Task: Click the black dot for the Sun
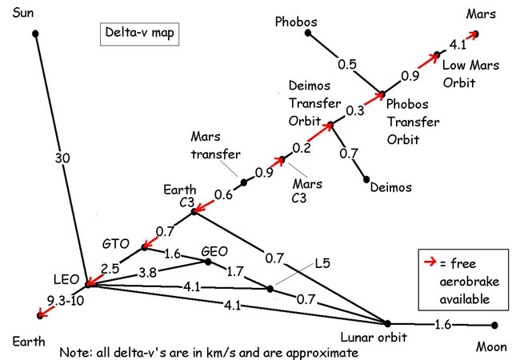[35, 33]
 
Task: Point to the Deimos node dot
[366, 178]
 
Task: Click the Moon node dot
[494, 325]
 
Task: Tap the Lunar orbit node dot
[388, 324]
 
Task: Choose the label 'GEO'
[216, 250]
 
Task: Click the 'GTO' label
[116, 242]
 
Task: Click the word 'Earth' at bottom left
[26, 340]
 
